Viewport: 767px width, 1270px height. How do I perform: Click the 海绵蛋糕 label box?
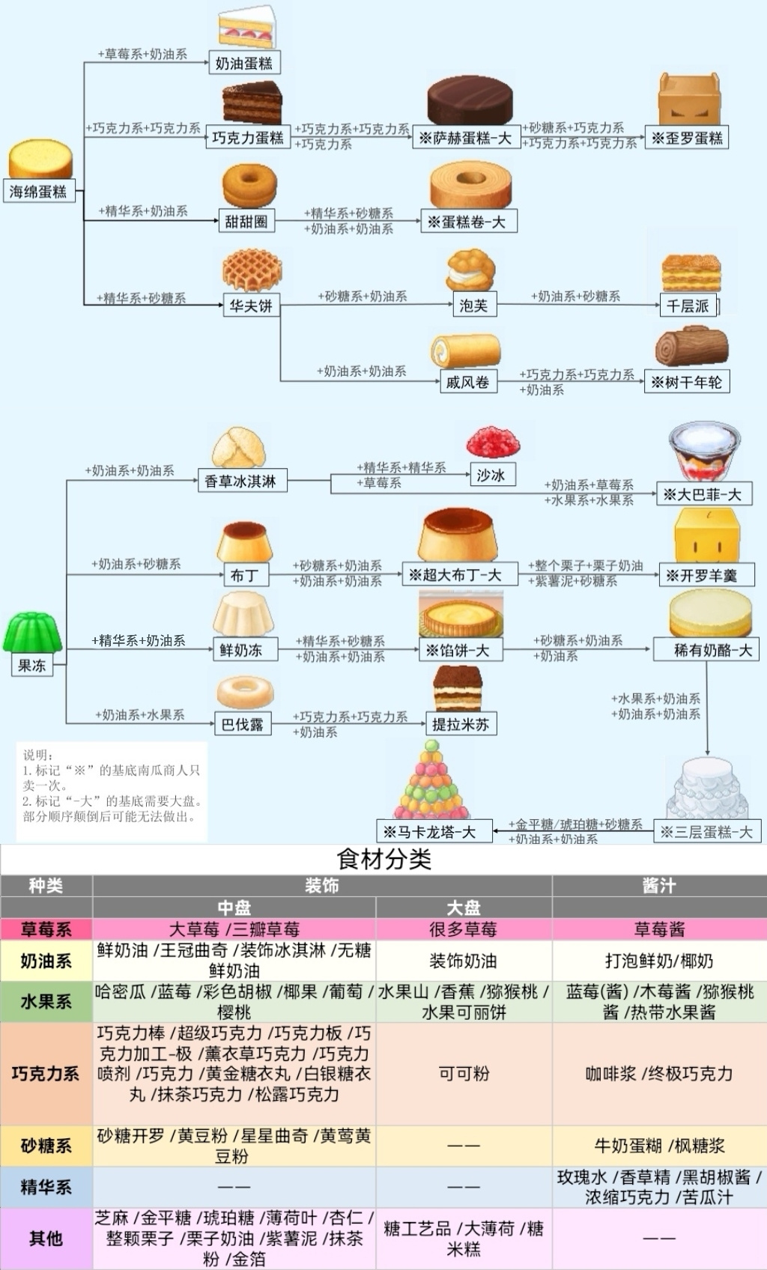coord(39,192)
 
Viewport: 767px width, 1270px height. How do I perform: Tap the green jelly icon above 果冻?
coord(32,633)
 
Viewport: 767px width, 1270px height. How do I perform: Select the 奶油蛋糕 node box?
coord(244,63)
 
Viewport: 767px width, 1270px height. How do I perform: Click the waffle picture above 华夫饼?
coord(252,270)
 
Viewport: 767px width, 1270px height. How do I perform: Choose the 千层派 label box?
coord(688,306)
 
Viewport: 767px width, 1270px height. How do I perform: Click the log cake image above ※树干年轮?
coord(691,347)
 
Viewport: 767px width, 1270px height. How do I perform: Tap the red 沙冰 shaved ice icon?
coord(493,443)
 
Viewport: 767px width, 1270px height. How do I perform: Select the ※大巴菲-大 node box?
coord(704,493)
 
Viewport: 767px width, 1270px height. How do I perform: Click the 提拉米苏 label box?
coord(461,724)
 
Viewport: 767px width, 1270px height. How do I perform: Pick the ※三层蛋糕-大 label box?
coord(707,832)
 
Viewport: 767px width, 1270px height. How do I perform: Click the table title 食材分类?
coord(383,860)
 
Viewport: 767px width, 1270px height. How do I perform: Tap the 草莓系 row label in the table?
coord(46,929)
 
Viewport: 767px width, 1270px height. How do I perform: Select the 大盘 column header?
coord(464,908)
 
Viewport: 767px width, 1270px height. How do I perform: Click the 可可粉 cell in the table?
coord(464,1073)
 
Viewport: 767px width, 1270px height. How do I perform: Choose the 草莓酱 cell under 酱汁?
coord(659,929)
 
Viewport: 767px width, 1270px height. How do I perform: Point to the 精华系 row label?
coord(46,1187)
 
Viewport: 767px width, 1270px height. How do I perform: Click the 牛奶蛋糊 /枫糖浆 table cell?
coord(659,1146)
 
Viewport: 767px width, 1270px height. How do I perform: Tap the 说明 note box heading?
coord(37,755)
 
